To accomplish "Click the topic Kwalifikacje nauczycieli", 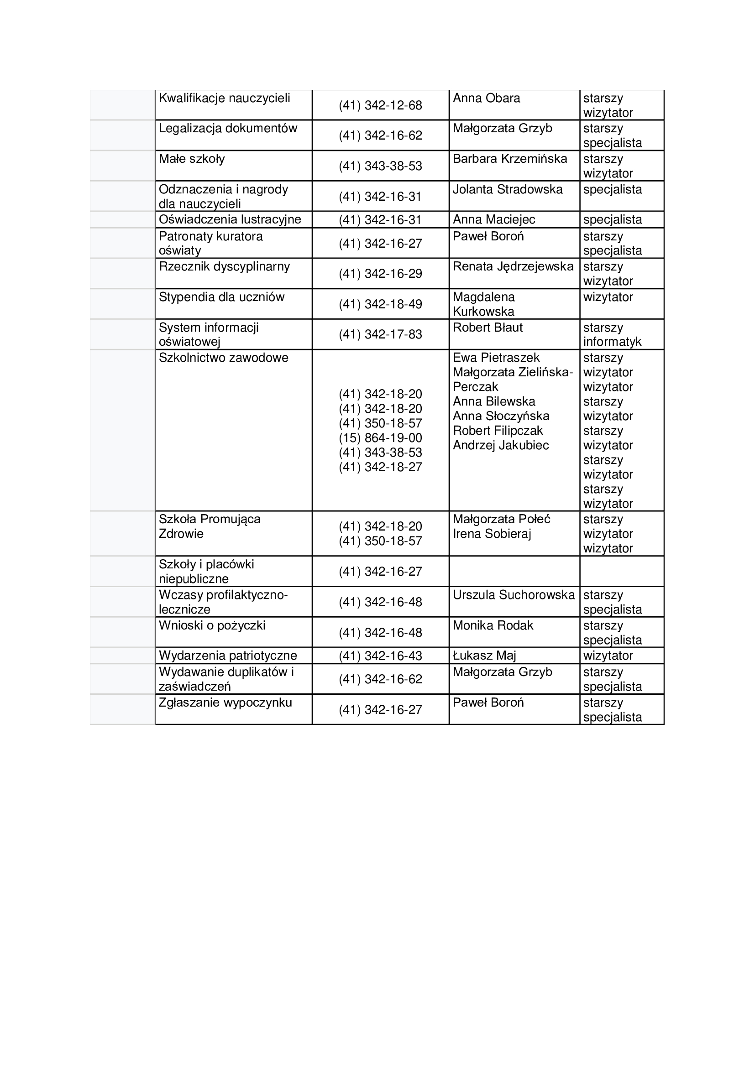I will (x=224, y=98).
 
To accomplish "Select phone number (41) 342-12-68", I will (x=380, y=105).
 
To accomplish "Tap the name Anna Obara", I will (x=486, y=98).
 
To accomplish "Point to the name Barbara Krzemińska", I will (x=509, y=159).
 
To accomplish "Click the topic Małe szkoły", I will (x=192, y=159).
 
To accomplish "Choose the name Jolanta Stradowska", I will (x=507, y=189).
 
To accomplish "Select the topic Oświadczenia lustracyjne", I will (x=230, y=219).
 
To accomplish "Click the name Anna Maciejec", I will (x=494, y=219).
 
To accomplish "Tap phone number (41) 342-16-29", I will (x=380, y=274).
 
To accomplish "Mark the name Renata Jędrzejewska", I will (x=513, y=267).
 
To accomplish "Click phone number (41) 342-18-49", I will (x=380, y=304).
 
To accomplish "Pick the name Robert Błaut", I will (x=488, y=328).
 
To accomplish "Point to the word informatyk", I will (x=612, y=342).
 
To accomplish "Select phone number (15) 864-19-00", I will (x=380, y=438).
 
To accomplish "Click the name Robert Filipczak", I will (x=498, y=431).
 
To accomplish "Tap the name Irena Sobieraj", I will (x=492, y=534).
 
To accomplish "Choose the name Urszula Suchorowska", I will (x=514, y=595).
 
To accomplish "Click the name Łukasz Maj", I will (x=484, y=656).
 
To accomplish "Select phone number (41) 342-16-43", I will (x=380, y=656).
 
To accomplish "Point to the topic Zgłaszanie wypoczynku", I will (x=225, y=702).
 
